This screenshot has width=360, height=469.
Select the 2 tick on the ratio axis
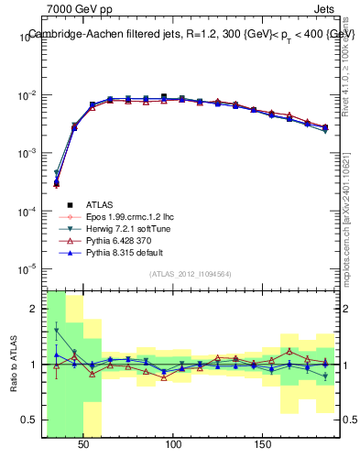(x=34, y=309)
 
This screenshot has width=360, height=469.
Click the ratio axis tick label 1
(x=34, y=364)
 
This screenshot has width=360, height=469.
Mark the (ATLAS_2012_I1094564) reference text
(x=191, y=274)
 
